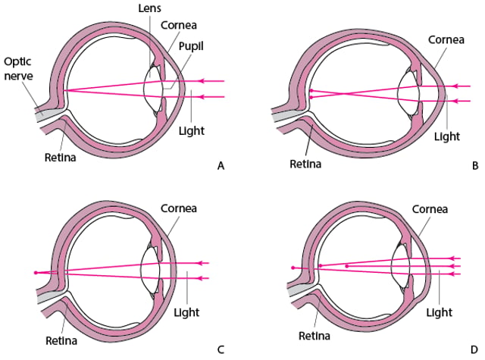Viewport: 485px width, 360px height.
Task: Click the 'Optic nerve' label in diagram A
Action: coord(18,69)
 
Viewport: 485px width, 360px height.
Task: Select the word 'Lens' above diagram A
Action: coord(150,8)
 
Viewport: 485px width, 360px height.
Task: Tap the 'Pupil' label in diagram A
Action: coord(191,46)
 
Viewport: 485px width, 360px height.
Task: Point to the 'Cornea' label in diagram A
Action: coord(179,25)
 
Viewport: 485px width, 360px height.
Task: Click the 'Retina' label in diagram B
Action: coord(305,164)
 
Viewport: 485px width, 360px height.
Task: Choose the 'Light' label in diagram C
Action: coord(186,312)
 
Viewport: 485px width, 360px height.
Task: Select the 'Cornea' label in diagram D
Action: coord(430,209)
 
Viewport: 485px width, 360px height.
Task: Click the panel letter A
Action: coord(221,166)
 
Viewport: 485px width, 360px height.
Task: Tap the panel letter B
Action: coord(475,166)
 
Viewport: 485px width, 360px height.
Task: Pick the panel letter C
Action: coord(221,350)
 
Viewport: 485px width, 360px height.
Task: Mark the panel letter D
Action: coord(474,350)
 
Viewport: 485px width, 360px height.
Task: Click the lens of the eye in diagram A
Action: coord(153,89)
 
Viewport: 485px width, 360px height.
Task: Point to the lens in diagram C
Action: coord(150,271)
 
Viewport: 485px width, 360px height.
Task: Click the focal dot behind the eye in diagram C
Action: coord(36,273)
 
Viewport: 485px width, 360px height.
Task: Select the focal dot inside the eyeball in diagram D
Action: coord(347,266)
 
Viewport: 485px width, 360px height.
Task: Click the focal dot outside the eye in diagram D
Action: coord(293,268)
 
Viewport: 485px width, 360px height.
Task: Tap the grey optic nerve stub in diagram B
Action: coord(283,117)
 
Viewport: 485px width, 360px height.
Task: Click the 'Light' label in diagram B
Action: coord(447,136)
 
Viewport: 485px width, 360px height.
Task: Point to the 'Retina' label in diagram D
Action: coord(314,336)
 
